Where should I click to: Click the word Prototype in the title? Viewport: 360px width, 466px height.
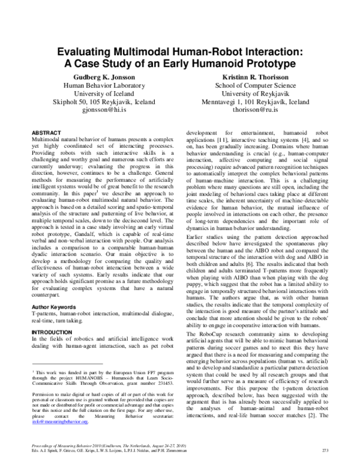[x=262, y=64]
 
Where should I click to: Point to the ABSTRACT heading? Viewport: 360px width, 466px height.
[x=46, y=132]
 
